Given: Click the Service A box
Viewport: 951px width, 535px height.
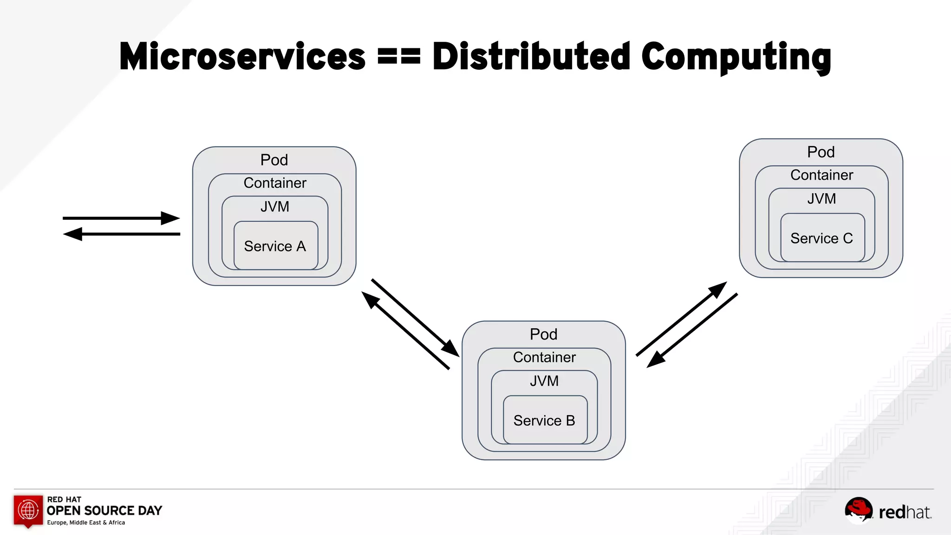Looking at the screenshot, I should pyautogui.click(x=275, y=246).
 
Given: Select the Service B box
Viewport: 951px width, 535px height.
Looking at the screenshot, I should pyautogui.click(x=545, y=420).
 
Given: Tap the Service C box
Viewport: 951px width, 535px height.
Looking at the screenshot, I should pyautogui.click(x=822, y=238).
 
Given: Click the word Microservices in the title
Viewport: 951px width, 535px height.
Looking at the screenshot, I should pyautogui.click(x=242, y=57).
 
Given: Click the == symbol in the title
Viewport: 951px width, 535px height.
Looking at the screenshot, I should pyautogui.click(x=399, y=57).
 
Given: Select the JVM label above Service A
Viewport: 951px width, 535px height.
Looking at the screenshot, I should pyautogui.click(x=275, y=207).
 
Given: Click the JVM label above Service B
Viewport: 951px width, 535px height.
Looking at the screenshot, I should pyautogui.click(x=544, y=381).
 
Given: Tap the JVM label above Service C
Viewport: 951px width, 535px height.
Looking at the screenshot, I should pyautogui.click(x=821, y=199).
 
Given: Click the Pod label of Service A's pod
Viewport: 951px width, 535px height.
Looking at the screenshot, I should pyautogui.click(x=274, y=160).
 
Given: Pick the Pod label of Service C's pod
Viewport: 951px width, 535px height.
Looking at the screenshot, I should pyautogui.click(x=821, y=152).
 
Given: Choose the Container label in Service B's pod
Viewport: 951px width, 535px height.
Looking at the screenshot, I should pyautogui.click(x=544, y=357).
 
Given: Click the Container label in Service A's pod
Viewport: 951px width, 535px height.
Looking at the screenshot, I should pyautogui.click(x=275, y=183).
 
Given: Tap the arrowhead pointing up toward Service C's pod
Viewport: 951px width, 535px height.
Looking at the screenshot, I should pyautogui.click(x=717, y=290).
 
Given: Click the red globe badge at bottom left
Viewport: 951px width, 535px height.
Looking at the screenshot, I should pyautogui.click(x=28, y=510).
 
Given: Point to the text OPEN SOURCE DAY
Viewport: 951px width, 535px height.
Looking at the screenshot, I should pyautogui.click(x=104, y=510).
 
